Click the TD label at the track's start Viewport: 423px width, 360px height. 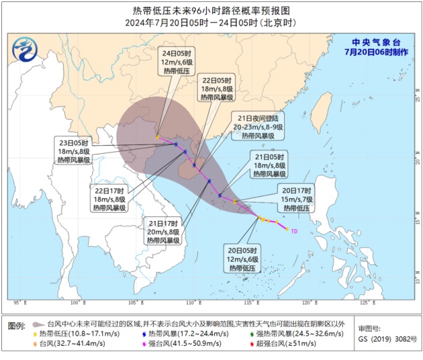(x=294, y=231)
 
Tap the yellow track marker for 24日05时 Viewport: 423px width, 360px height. (x=157, y=136)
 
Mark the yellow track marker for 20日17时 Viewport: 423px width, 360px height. (x=235, y=201)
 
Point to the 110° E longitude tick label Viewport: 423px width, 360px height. (x=190, y=302)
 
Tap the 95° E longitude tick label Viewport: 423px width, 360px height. (x=18, y=302)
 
